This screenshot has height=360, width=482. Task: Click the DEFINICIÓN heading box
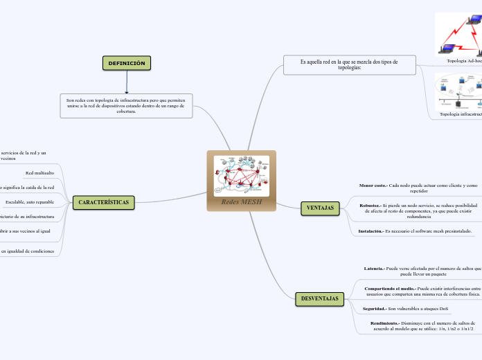click(x=127, y=63)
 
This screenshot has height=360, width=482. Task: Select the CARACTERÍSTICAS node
click(x=103, y=202)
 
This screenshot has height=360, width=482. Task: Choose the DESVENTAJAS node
click(x=320, y=298)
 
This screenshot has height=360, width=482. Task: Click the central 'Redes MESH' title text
click(x=242, y=201)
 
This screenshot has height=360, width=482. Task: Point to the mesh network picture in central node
click(x=241, y=175)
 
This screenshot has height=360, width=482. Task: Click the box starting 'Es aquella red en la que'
click(x=349, y=64)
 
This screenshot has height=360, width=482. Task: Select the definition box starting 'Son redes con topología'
click(x=126, y=105)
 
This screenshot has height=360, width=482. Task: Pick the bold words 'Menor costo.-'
click(x=373, y=186)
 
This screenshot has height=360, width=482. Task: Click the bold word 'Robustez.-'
click(x=374, y=206)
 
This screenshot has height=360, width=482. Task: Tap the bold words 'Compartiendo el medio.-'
click(x=390, y=288)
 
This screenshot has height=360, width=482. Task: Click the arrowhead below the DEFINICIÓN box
click(x=127, y=91)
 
